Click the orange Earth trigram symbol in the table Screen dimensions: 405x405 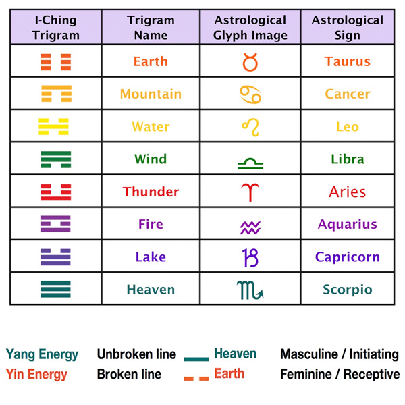pyautogui.click(x=56, y=62)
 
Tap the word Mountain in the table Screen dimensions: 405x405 pyautogui.click(x=151, y=94)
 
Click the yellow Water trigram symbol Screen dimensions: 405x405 pyautogui.click(x=53, y=127)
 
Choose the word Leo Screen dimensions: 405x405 pyautogui.click(x=348, y=127)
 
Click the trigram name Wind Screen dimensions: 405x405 pyautogui.click(x=151, y=159)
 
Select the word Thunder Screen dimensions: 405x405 pyautogui.click(x=151, y=192)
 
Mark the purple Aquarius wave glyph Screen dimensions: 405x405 pyautogui.click(x=250, y=228)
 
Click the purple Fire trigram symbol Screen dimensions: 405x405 pyautogui.click(x=55, y=223)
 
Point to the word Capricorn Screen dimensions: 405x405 pyautogui.click(x=348, y=257)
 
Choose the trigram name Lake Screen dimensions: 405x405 pyautogui.click(x=151, y=256)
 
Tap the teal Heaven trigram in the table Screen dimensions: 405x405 pyautogui.click(x=55, y=289)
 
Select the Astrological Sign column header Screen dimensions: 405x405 pyautogui.click(x=348, y=28)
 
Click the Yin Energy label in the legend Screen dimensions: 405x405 pyautogui.click(x=36, y=375)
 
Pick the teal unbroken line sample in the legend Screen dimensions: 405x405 pyautogui.click(x=196, y=359)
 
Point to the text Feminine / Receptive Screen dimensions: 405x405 pyautogui.click(x=340, y=374)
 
